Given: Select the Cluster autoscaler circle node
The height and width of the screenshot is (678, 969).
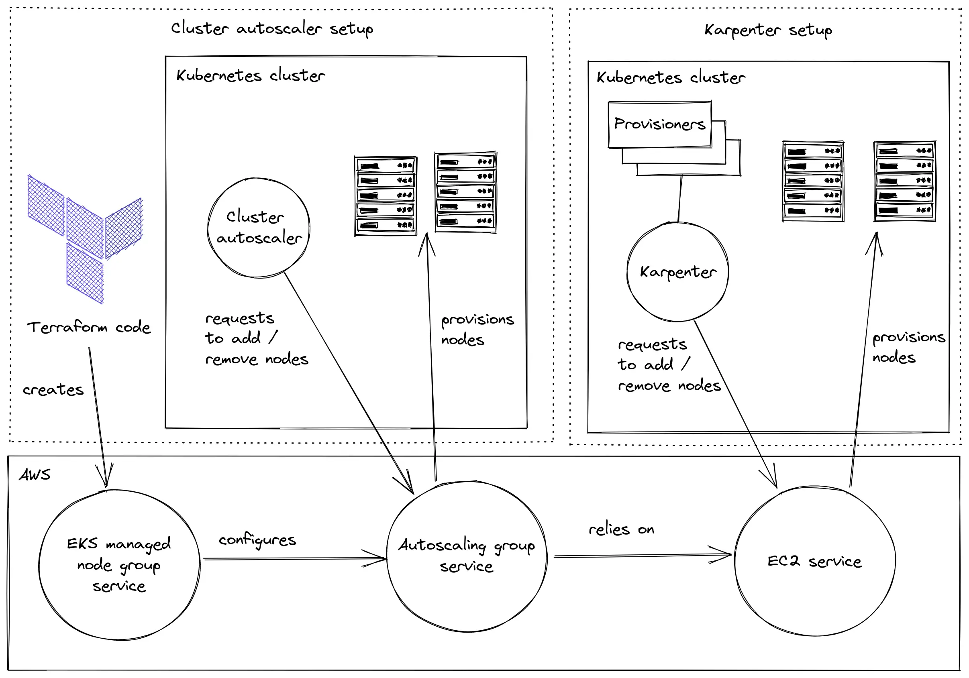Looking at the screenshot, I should (259, 228).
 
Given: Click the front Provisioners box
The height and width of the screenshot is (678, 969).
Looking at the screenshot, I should (660, 124).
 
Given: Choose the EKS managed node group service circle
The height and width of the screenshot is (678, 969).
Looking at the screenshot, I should (119, 564).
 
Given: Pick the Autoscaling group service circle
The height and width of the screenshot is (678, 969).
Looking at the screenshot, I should (467, 556).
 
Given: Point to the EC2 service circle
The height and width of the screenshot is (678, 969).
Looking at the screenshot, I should (814, 561).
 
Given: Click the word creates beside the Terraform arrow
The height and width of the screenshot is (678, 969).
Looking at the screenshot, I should (53, 389).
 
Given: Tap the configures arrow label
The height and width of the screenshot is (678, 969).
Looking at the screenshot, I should (257, 540).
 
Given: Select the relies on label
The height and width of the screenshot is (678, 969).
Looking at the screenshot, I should (621, 529).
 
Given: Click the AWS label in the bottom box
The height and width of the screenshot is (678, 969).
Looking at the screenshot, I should (35, 474).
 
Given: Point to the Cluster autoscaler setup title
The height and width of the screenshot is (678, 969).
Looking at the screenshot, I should (272, 29).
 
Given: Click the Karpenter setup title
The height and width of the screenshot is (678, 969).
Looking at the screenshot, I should (768, 30).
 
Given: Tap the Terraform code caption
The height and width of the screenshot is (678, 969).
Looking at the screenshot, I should (89, 327).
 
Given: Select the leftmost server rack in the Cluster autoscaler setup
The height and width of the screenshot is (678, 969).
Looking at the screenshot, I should (386, 196).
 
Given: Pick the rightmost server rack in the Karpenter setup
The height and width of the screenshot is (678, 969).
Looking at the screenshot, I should (904, 181).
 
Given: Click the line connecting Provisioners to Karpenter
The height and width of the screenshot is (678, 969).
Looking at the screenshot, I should (680, 198).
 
